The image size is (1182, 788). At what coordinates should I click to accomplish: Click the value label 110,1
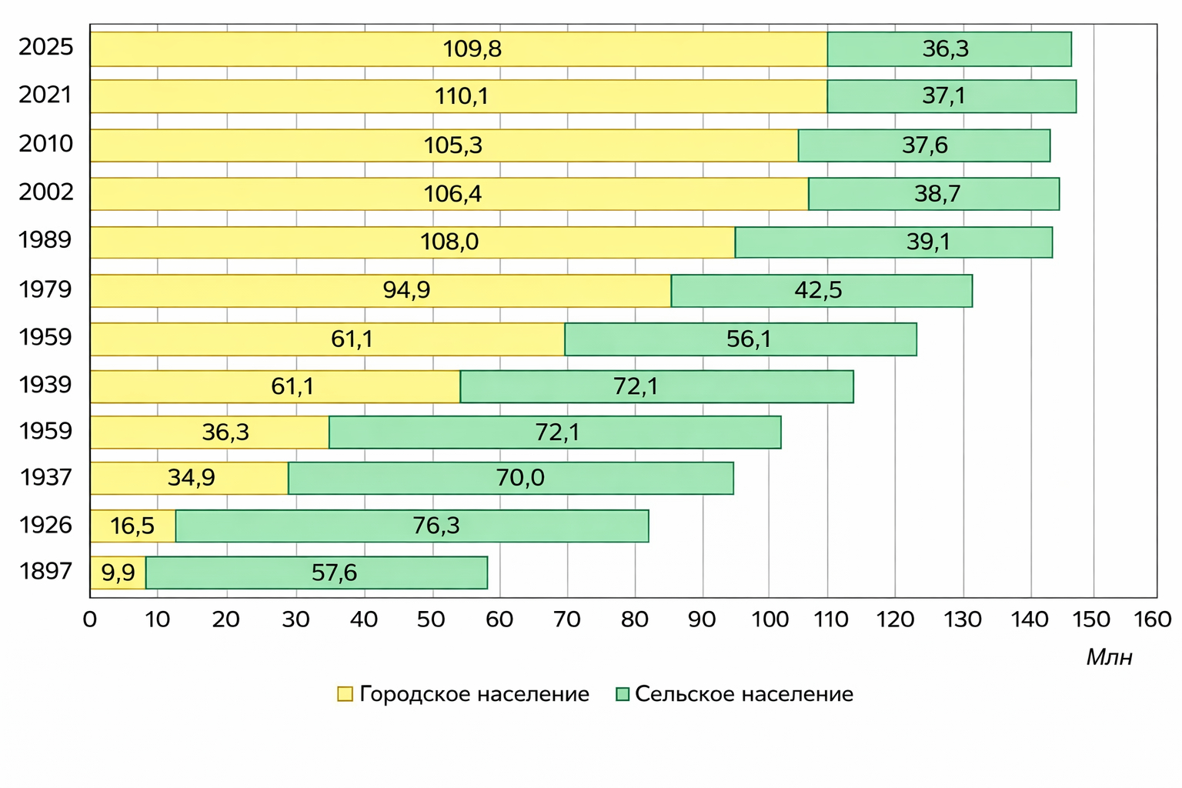click(x=461, y=97)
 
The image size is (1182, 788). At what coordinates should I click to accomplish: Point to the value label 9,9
click(x=118, y=573)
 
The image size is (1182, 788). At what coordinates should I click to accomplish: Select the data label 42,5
click(x=818, y=291)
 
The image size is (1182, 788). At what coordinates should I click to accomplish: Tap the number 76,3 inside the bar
click(x=436, y=526)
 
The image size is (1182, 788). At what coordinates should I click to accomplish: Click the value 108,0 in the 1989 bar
click(x=449, y=242)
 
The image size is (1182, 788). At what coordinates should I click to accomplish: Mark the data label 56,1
click(x=749, y=339)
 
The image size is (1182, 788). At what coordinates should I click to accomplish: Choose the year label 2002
click(x=46, y=192)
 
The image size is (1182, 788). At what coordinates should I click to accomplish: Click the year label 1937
click(x=46, y=478)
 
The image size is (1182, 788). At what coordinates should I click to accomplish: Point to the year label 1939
click(x=46, y=385)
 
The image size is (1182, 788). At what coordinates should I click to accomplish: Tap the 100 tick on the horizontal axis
click(x=770, y=619)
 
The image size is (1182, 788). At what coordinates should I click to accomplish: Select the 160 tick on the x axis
click(x=1153, y=619)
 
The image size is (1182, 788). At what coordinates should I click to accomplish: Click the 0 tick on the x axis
click(x=90, y=619)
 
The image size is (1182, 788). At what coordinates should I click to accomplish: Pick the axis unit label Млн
click(x=1109, y=657)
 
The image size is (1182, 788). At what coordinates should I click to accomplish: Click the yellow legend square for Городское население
click(x=345, y=694)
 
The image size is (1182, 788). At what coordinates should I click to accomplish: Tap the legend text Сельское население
click(x=743, y=694)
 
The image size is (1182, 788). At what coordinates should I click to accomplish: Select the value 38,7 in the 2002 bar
click(x=937, y=194)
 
